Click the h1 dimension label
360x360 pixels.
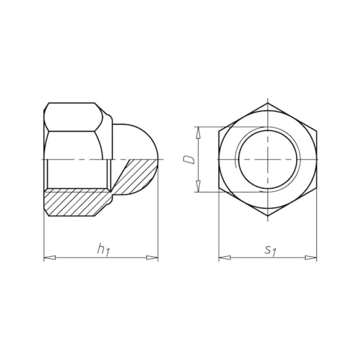(x=103, y=249)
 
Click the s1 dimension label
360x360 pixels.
(x=270, y=250)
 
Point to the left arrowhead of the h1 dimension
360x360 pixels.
(x=49, y=258)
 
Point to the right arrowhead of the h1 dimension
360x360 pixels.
(x=152, y=258)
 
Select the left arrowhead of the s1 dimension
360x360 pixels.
(x=225, y=258)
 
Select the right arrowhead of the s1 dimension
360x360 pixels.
(x=311, y=258)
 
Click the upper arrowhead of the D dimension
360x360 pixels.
(x=198, y=133)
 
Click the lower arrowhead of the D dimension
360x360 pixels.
(x=198, y=186)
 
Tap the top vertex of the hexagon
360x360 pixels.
(x=268, y=103)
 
